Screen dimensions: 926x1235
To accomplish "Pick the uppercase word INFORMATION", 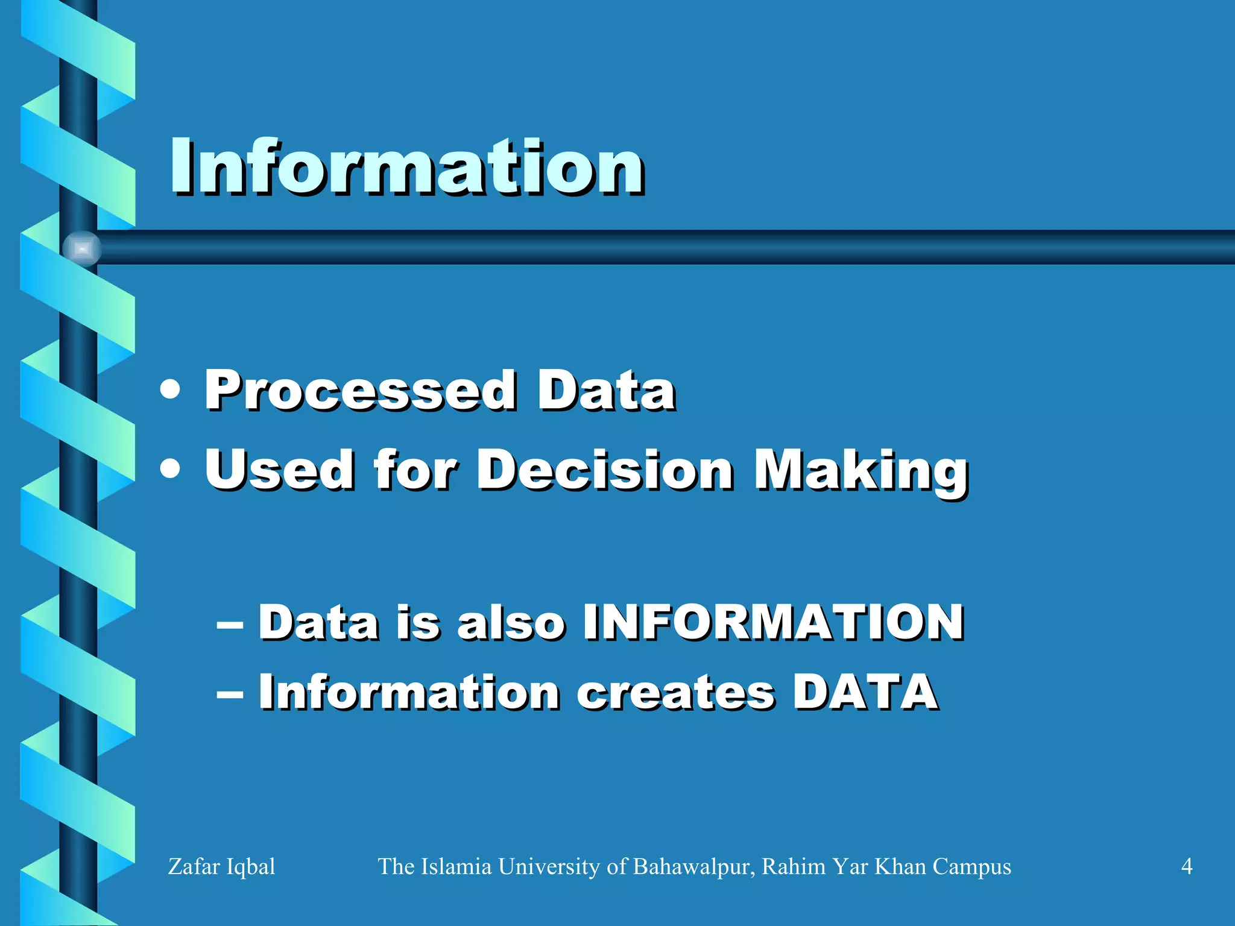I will [x=773, y=622].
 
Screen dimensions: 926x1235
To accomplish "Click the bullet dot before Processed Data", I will [x=171, y=390].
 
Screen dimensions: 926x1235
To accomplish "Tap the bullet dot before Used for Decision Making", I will [x=171, y=469].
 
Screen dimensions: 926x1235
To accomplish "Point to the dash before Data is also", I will [x=230, y=624].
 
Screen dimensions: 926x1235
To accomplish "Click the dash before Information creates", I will [x=230, y=694].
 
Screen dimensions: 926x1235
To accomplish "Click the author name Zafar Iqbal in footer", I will [x=221, y=866].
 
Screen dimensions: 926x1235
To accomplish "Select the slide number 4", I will [x=1186, y=866].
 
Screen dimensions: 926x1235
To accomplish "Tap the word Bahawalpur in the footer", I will [x=693, y=866].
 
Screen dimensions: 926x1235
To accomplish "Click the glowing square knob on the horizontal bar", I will [x=83, y=248].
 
